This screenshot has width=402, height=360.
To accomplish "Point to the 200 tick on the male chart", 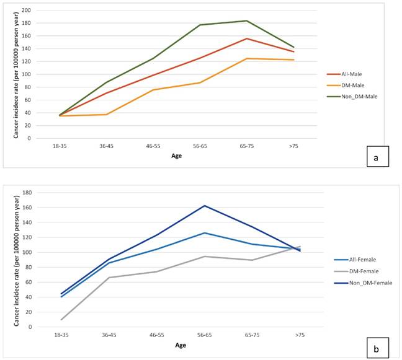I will pos(26,11).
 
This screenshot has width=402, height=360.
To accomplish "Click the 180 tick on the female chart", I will pos(26,193).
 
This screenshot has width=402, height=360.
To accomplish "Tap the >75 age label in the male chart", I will pos(293,147).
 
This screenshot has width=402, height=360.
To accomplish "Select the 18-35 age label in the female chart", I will pos(60,335).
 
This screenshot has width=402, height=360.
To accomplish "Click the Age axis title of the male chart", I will pos(177,156).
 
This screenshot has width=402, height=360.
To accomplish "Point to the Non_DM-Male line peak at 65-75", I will pos(247,20).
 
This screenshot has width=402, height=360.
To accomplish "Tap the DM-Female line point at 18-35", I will pos(61,320).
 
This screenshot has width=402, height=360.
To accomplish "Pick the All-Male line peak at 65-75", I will pos(247,38).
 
